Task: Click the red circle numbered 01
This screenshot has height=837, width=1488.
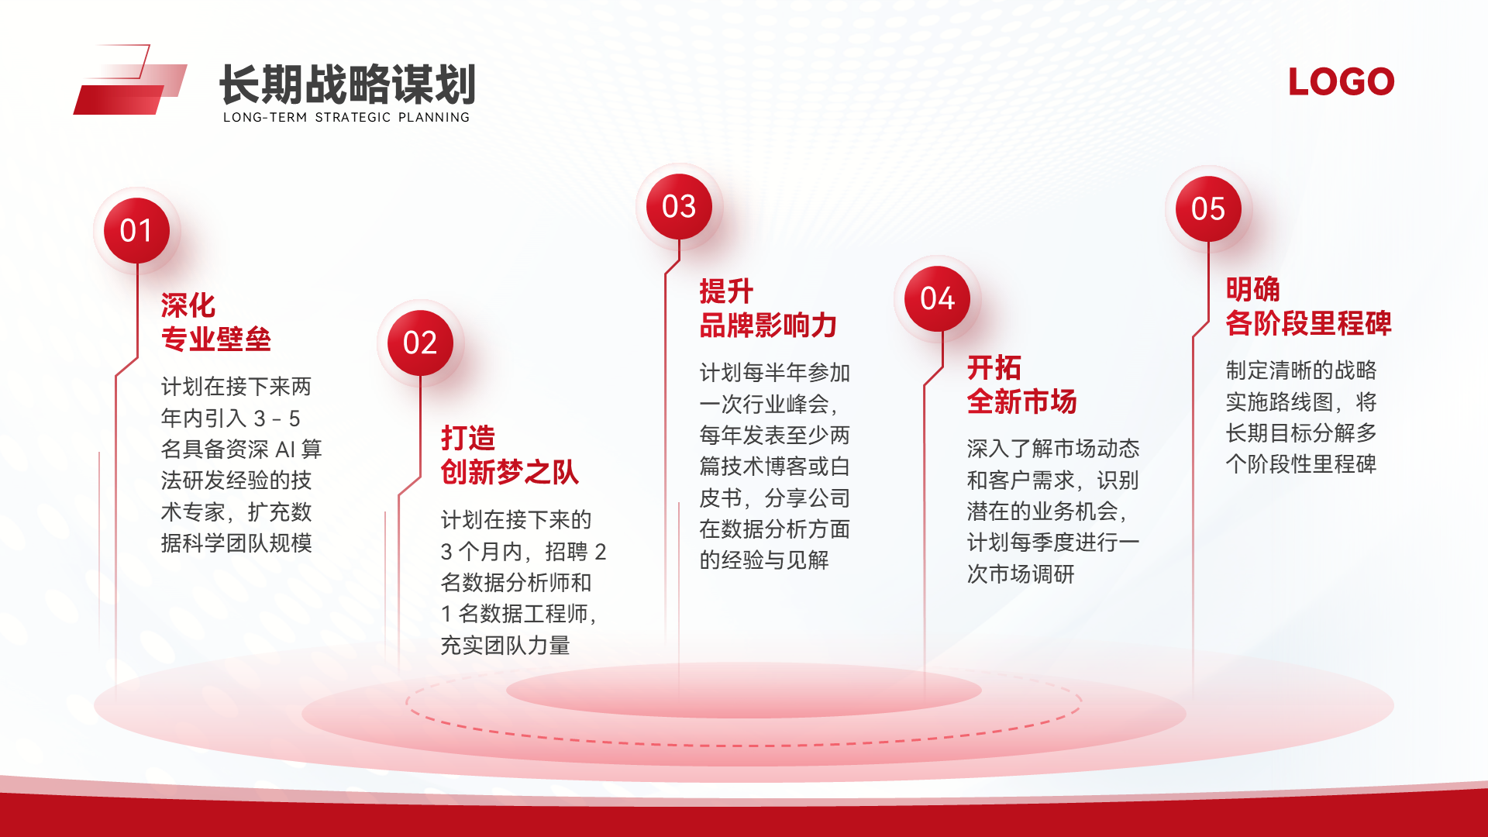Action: pyautogui.click(x=137, y=231)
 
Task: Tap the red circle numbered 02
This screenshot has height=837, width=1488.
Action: pyautogui.click(x=421, y=343)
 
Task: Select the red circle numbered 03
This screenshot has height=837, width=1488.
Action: pyautogui.click(x=680, y=207)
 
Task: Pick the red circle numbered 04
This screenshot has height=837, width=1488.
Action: pyautogui.click(x=938, y=298)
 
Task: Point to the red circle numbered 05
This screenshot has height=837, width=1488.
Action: pyautogui.click(x=1209, y=208)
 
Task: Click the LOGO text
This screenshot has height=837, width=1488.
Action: pyautogui.click(x=1342, y=82)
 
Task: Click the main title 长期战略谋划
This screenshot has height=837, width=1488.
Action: pyautogui.click(x=347, y=84)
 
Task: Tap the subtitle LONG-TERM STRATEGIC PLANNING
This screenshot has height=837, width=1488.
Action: pyautogui.click(x=346, y=117)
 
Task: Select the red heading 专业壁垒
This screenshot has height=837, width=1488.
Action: pyautogui.click(x=216, y=339)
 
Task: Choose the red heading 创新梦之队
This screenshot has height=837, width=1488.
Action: pyautogui.click(x=510, y=472)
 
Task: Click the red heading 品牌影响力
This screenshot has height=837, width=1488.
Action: pyautogui.click(x=768, y=325)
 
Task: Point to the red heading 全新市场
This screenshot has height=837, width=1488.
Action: pyautogui.click(x=1022, y=401)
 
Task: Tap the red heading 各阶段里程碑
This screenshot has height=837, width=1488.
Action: pyautogui.click(x=1309, y=323)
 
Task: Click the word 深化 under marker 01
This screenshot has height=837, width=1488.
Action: pyautogui.click(x=188, y=305)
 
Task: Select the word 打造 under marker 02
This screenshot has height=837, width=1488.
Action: pyautogui.click(x=468, y=438)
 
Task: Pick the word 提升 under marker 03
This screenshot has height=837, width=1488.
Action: pyautogui.click(x=726, y=291)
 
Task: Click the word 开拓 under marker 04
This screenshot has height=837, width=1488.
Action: pyautogui.click(x=994, y=367)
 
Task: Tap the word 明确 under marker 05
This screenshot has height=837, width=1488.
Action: pyautogui.click(x=1253, y=289)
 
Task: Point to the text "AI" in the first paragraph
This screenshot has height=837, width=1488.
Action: pyautogui.click(x=285, y=449)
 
